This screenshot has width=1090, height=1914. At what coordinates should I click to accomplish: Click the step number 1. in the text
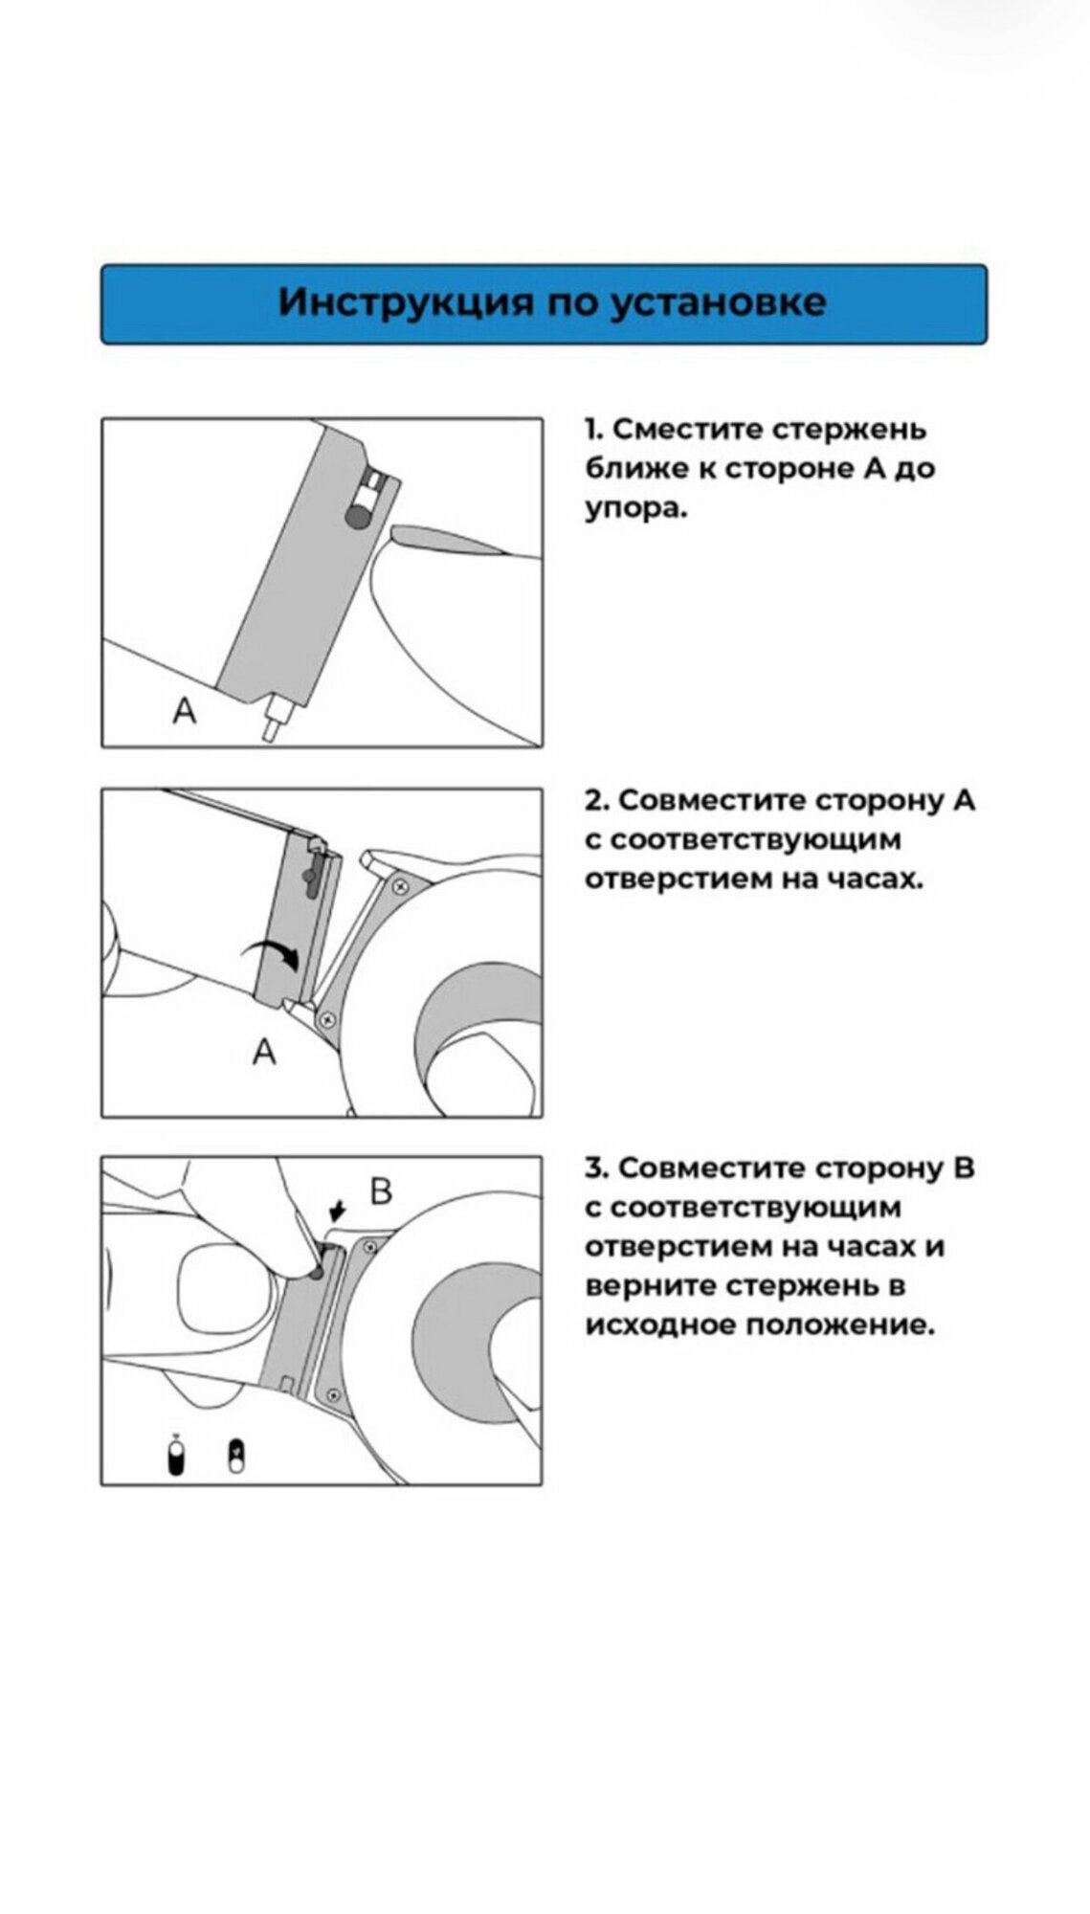click(594, 430)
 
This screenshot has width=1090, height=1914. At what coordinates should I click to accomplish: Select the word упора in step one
click(633, 510)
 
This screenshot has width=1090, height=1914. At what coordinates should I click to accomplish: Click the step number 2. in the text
click(598, 800)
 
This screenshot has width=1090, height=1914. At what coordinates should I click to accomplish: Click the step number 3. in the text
click(598, 1168)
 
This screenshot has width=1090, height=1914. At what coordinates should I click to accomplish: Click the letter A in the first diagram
click(185, 710)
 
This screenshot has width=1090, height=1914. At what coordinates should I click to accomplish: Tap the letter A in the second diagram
click(264, 1052)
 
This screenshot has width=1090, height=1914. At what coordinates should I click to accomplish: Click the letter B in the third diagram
click(381, 1191)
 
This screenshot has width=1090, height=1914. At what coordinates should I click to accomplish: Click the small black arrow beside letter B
click(336, 1213)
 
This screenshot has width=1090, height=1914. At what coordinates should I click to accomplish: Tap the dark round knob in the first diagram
click(356, 518)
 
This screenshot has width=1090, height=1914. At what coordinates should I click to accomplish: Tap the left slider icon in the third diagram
click(175, 1459)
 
